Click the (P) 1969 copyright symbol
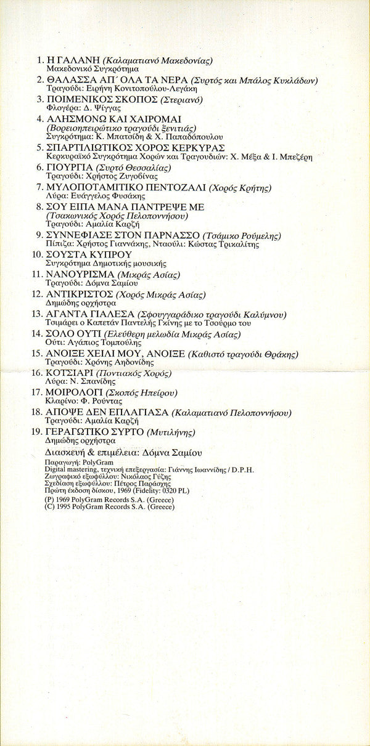(x=50, y=500)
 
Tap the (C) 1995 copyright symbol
(x=50, y=507)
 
